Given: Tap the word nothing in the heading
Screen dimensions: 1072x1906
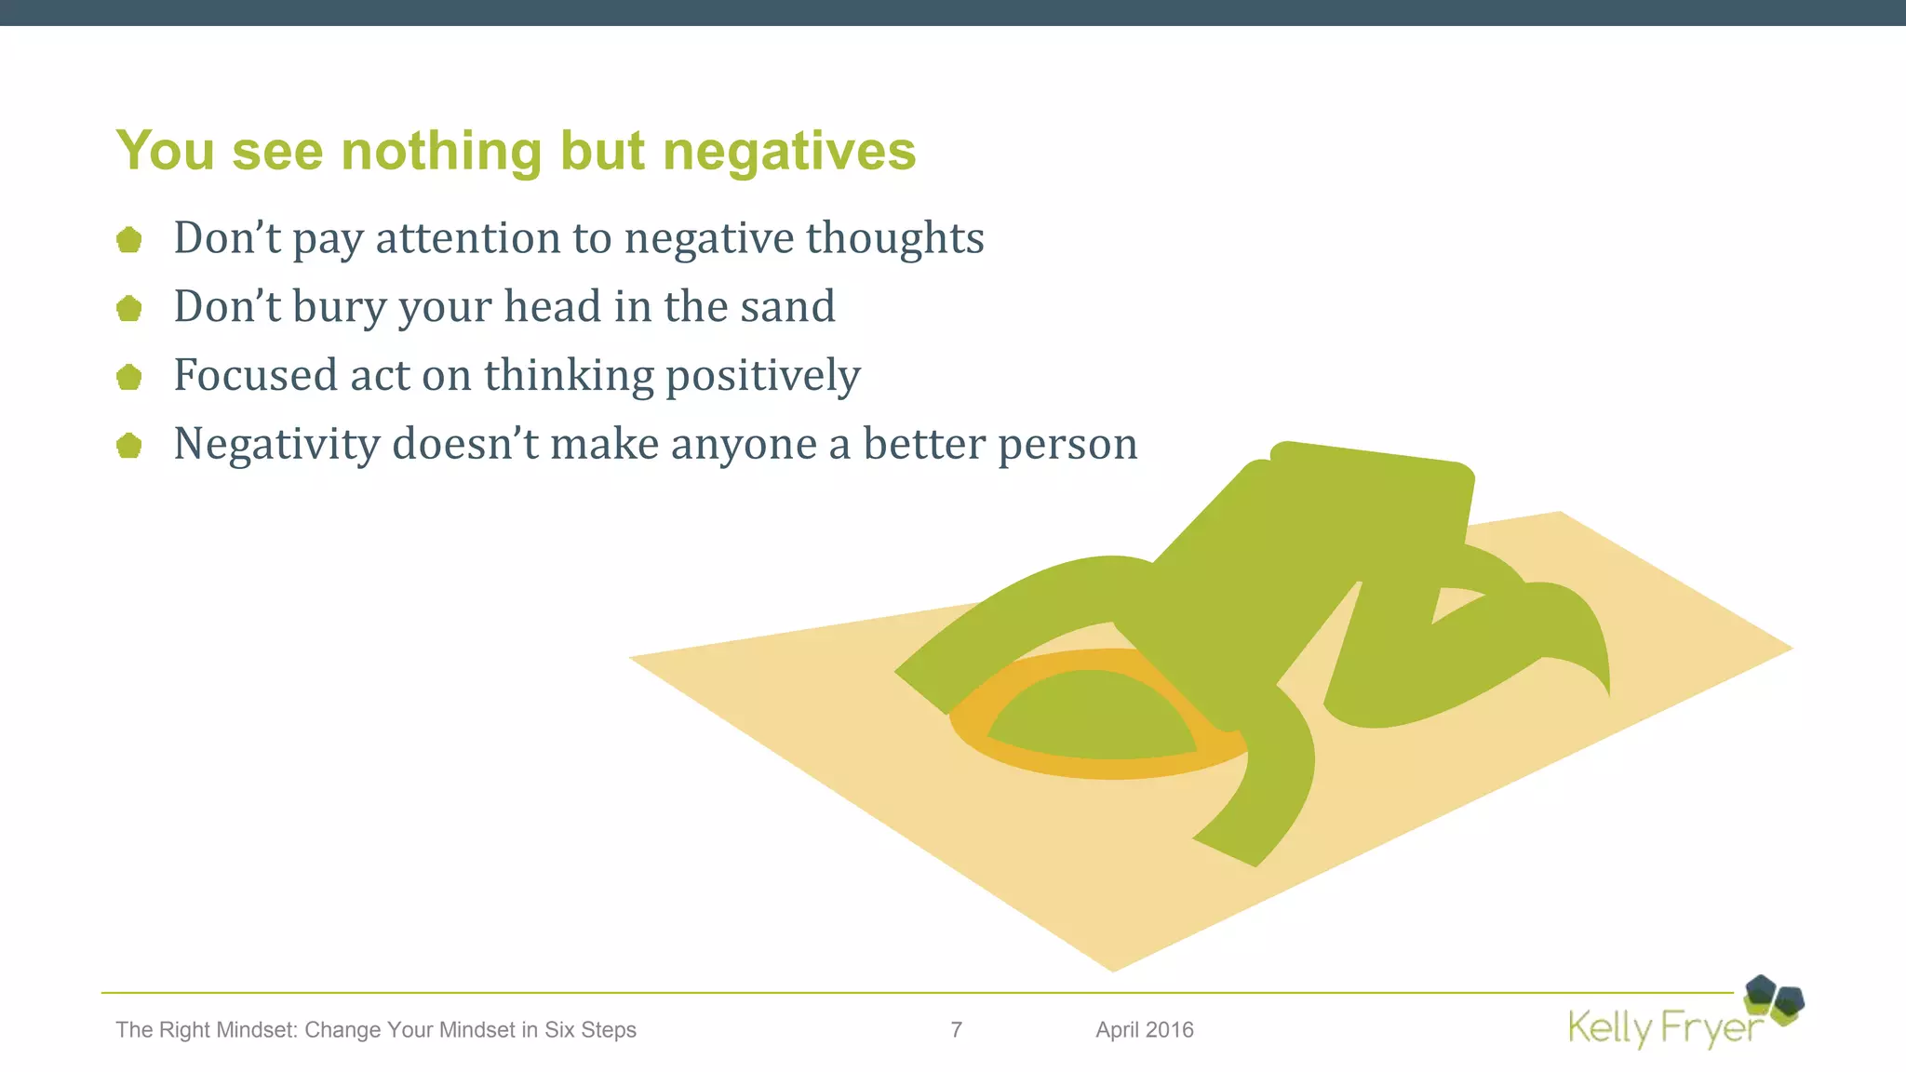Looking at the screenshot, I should [x=441, y=152].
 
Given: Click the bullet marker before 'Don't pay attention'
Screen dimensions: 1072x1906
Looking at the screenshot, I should [x=129, y=240].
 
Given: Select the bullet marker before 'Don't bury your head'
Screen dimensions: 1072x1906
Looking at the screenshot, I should [x=129, y=308].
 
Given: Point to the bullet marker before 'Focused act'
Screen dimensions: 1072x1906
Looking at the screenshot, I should [x=129, y=377].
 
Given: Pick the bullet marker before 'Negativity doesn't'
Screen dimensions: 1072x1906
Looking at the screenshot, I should [x=129, y=446].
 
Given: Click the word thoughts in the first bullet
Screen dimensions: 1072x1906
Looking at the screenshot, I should [x=894, y=238].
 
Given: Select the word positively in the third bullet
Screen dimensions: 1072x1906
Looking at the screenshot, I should [x=763, y=376].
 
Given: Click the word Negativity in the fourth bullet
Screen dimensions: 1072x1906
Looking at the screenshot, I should [x=276, y=445].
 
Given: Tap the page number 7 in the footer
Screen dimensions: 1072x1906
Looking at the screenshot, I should [x=956, y=1029].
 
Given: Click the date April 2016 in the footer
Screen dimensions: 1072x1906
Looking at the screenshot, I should [x=1144, y=1029].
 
